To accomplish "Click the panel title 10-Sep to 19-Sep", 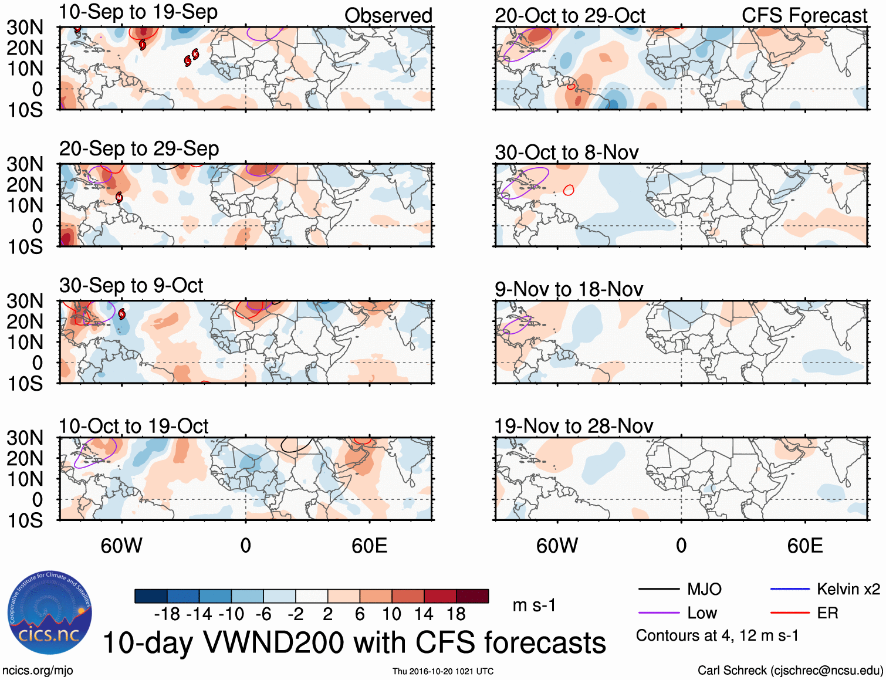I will [138, 12].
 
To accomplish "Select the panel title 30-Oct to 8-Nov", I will [566, 153].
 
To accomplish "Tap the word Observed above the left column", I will [388, 16].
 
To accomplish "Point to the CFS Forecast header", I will [804, 16].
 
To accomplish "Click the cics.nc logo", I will [49, 613].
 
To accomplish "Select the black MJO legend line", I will [658, 589].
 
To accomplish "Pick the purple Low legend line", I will [658, 613].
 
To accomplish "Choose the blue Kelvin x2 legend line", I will [790, 589].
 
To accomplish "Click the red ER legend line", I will [790, 613].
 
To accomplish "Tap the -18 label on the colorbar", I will [167, 614].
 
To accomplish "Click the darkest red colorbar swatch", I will [472, 596].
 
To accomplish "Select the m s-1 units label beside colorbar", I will [534, 605].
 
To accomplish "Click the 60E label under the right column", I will [804, 546].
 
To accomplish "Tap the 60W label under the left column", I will [121, 546].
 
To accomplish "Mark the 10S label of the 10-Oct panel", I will [25, 520].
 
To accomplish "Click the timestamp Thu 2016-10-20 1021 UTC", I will [443, 671].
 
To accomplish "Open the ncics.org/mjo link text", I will [38, 671].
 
